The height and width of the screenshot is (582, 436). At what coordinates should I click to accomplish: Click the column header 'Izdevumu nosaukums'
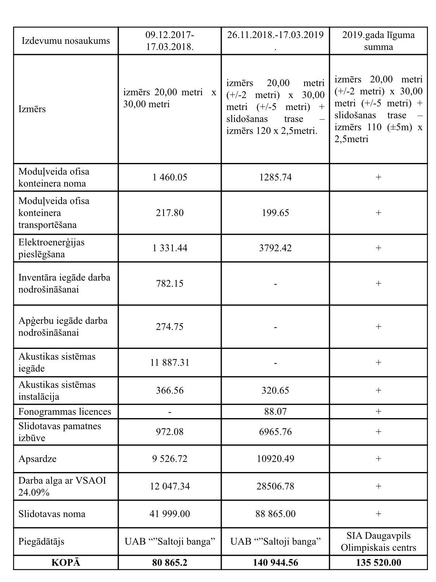(66, 41)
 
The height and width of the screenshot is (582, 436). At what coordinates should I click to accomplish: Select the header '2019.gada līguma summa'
(378, 41)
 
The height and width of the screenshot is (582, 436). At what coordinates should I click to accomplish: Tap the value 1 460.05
(170, 177)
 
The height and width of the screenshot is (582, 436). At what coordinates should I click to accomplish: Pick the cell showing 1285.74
(275, 177)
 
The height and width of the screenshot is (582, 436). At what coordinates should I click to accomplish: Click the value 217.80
(170, 213)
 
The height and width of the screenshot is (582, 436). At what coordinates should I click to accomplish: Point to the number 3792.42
(275, 248)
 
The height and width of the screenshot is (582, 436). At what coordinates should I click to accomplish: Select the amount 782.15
(170, 283)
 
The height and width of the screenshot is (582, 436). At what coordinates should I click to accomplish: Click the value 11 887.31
(170, 362)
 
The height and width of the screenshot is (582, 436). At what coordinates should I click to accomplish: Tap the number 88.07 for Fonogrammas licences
(275, 411)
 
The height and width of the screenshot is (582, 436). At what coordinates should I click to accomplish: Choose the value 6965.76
(275, 432)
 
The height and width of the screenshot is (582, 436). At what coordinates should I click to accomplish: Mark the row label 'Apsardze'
(38, 459)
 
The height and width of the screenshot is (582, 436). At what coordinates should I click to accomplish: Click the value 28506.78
(275, 486)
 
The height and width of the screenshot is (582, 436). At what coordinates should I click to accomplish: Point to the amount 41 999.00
(170, 514)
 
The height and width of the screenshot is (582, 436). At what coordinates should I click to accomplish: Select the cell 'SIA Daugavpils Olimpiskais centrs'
(378, 542)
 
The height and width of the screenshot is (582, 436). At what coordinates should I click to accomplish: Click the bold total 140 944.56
(275, 563)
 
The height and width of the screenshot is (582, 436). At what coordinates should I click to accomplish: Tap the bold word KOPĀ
(66, 563)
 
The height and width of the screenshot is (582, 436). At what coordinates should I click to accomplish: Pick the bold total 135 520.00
(378, 563)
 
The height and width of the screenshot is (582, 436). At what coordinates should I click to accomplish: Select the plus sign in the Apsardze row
(378, 459)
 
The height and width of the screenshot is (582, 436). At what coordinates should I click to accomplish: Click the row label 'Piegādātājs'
(41, 541)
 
